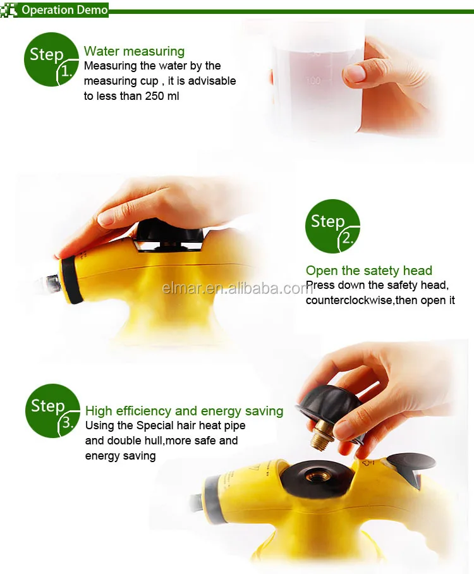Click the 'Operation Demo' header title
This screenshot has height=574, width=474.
click(x=64, y=10)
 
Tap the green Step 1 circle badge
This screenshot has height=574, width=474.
click(x=51, y=59)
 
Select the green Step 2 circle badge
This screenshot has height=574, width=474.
click(x=332, y=226)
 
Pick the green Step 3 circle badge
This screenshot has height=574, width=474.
click(x=52, y=411)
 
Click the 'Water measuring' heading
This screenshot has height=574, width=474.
click(x=134, y=51)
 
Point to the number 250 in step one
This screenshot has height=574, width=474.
click(x=154, y=96)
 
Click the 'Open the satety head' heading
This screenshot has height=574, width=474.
click(x=369, y=271)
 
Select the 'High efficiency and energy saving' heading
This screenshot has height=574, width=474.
click(x=184, y=411)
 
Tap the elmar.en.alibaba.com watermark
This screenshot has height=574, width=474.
click(x=236, y=289)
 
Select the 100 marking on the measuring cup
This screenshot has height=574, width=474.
click(x=313, y=80)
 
